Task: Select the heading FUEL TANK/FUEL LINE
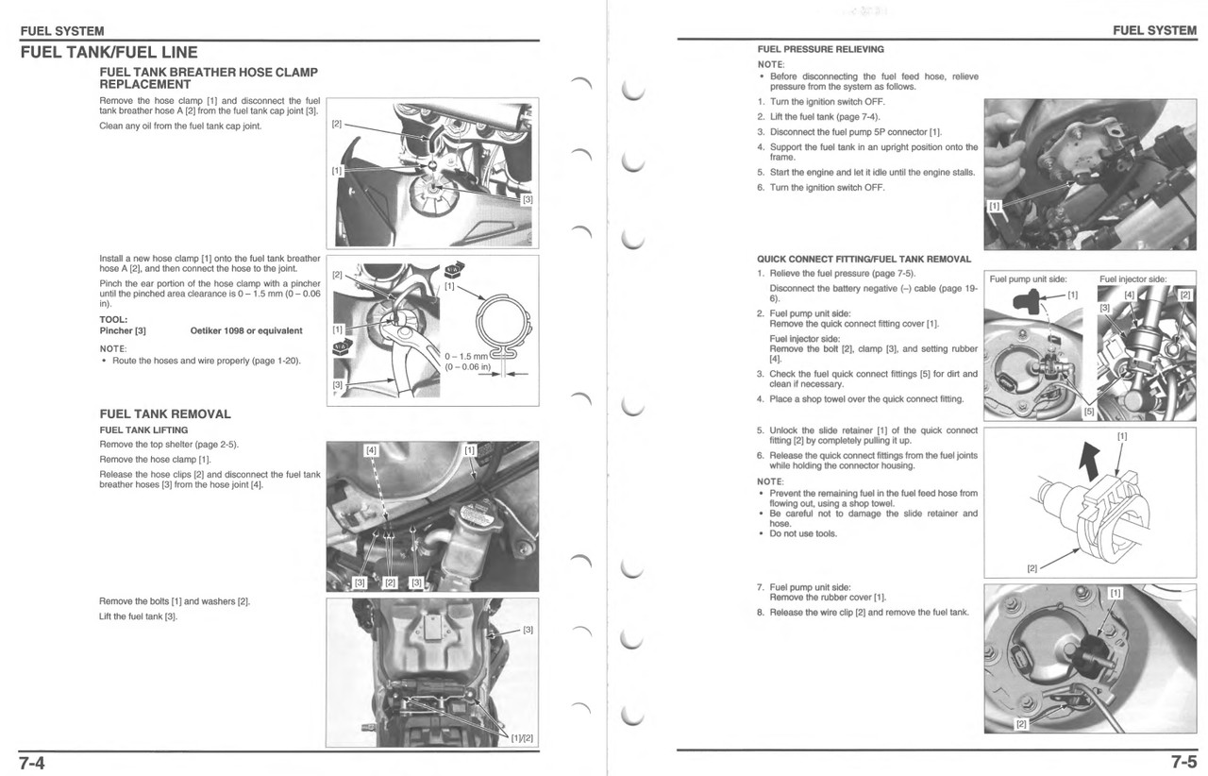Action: pos(109,53)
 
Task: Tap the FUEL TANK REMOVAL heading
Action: pos(165,413)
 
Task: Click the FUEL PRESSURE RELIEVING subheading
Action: pos(820,49)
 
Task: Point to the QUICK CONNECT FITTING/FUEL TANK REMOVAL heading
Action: pos(864,259)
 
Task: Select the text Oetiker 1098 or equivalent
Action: pos(246,330)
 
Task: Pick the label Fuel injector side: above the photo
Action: pos(1132,279)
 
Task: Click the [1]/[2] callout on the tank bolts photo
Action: pos(522,738)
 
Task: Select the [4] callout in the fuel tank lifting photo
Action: pos(371,450)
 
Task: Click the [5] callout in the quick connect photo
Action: pos(1088,412)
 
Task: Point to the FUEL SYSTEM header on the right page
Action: pos(1154,30)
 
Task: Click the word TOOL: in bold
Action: pos(113,319)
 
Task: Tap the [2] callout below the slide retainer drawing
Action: pos(1032,568)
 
